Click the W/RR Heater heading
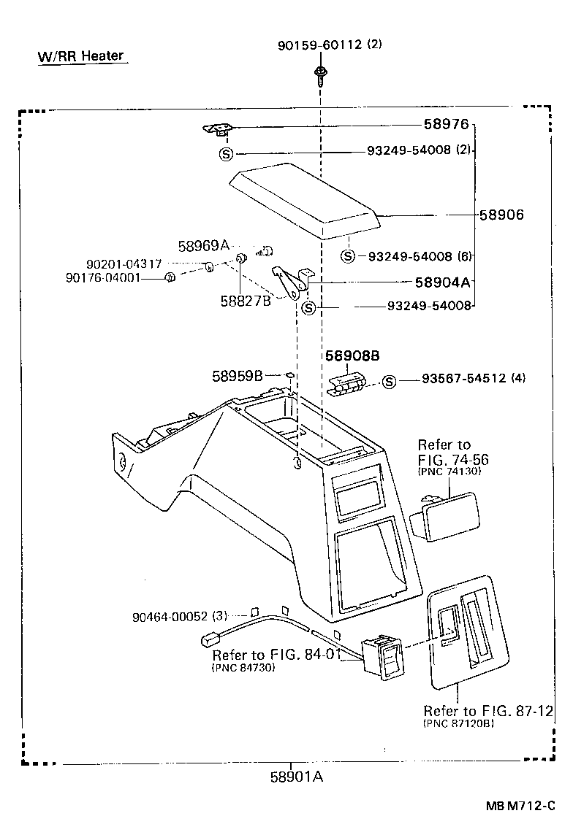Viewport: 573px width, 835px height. tap(81, 56)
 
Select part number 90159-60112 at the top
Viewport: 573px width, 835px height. tap(319, 45)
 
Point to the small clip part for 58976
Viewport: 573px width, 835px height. tap(219, 129)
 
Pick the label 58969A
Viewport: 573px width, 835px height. tap(203, 245)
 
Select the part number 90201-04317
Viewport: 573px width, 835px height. tap(124, 263)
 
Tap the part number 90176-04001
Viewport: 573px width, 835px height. tap(113, 277)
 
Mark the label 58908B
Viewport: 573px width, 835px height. tap(352, 357)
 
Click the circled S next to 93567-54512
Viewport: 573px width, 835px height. tap(389, 382)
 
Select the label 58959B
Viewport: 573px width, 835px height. tap(237, 376)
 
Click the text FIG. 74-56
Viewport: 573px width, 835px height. tap(453, 460)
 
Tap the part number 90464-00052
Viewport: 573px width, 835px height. tap(170, 617)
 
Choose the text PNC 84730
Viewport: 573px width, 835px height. tap(243, 667)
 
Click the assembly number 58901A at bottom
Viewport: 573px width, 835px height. tap(297, 777)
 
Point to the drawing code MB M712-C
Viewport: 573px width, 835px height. tap(524, 807)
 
